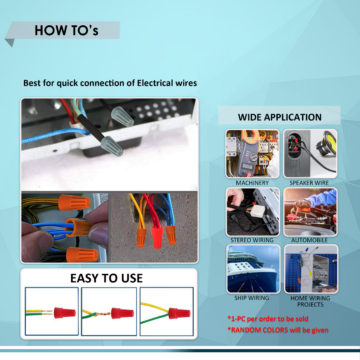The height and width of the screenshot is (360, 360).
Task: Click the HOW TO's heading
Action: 66,30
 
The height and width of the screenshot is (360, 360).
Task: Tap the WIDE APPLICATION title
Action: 279,117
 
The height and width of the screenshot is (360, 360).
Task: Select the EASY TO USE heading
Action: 107,278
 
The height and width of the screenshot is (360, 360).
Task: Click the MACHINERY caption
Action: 252,183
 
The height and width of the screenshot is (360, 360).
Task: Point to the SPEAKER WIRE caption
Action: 309,183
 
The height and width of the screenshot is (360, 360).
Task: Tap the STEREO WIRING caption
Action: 252,240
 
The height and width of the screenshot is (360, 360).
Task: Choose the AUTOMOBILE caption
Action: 309,240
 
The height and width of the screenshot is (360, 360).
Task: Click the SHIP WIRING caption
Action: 252,298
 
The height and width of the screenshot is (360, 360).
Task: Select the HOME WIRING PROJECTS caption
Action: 310,301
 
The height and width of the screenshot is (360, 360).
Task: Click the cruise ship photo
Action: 253,269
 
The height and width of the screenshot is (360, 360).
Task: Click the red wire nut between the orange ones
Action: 157,237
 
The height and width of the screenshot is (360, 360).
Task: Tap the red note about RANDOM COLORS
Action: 278,330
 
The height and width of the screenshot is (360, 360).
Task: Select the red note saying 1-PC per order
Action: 268,319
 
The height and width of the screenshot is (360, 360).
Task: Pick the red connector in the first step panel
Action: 65,313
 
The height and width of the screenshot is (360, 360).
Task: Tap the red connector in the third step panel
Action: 179,313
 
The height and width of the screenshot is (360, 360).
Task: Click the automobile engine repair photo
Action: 310,212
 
